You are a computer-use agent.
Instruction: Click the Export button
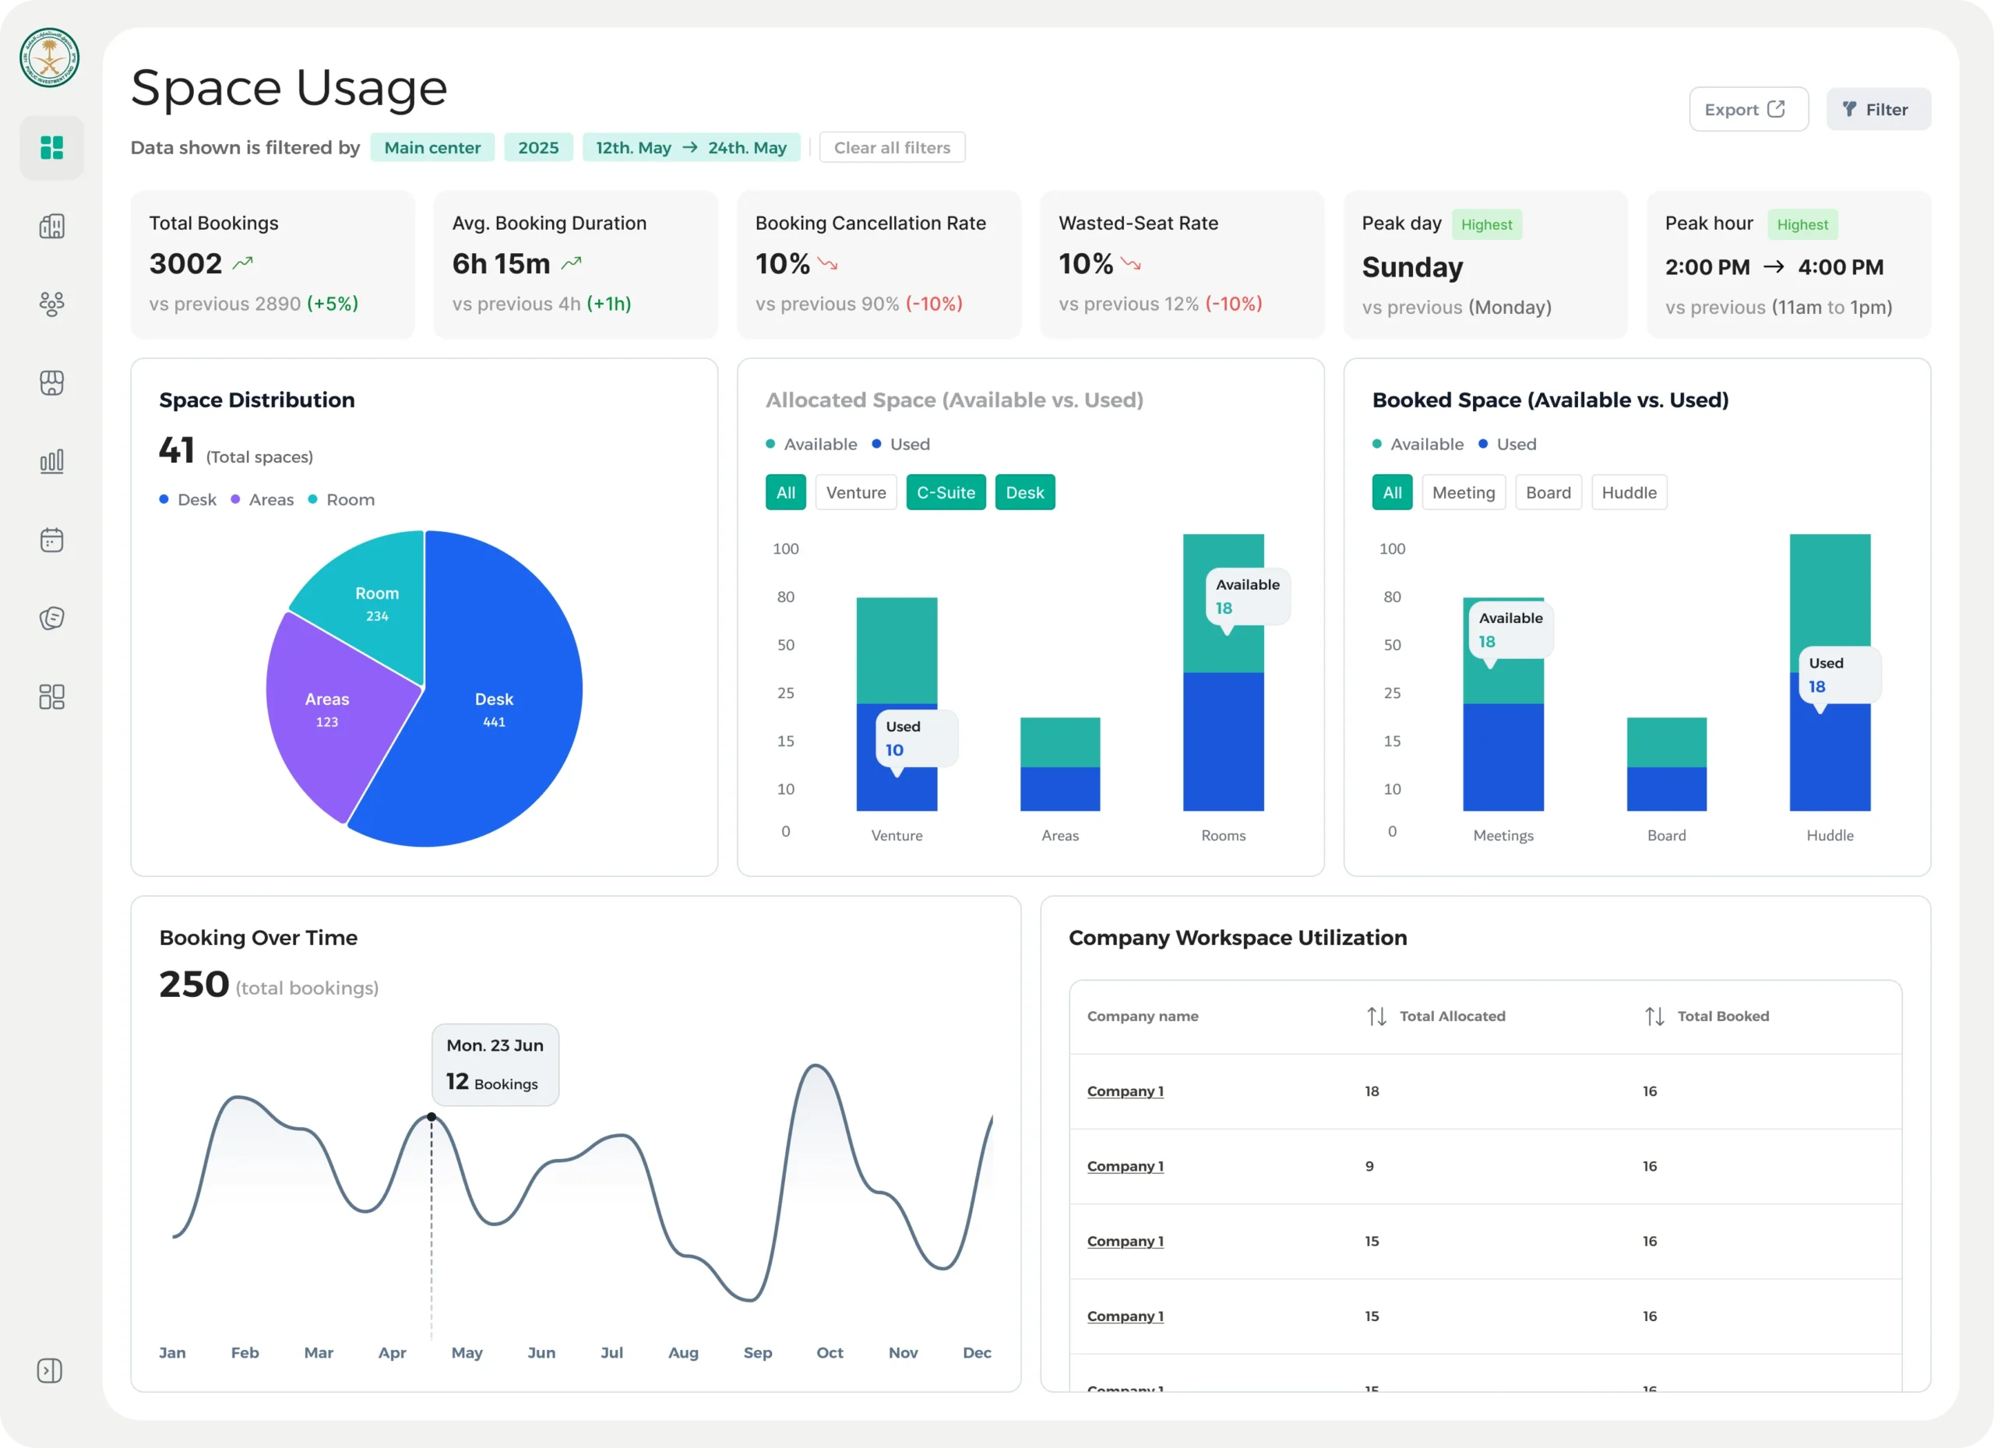click(1748, 109)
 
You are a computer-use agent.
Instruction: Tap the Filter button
click(1878, 109)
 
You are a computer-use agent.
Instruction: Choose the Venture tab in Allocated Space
click(855, 492)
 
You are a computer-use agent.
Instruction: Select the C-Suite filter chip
click(946, 492)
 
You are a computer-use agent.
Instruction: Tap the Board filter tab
click(1548, 492)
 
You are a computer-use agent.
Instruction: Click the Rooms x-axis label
click(1223, 835)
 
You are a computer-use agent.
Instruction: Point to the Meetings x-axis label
click(1503, 835)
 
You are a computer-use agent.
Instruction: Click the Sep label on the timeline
click(758, 1352)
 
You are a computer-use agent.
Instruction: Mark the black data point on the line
click(432, 1116)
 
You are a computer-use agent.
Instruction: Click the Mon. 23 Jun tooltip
click(495, 1064)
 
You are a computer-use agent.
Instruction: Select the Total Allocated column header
click(1453, 1016)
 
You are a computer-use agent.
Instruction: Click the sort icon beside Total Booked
click(1654, 1016)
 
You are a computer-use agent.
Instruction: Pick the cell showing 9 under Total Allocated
click(1369, 1166)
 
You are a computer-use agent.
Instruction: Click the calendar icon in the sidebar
click(52, 540)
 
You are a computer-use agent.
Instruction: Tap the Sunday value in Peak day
click(1412, 267)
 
